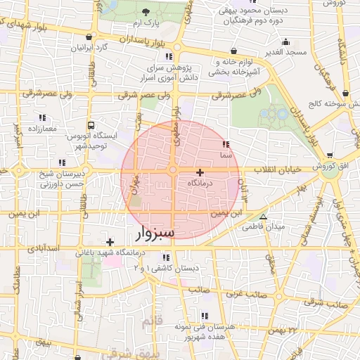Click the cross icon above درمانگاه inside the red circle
(200, 172)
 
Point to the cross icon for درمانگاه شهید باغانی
(110, 242)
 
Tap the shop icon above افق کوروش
(329, 156)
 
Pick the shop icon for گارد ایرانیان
(88, 37)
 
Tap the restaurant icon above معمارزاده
(41, 118)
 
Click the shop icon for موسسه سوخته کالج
(345, 93)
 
